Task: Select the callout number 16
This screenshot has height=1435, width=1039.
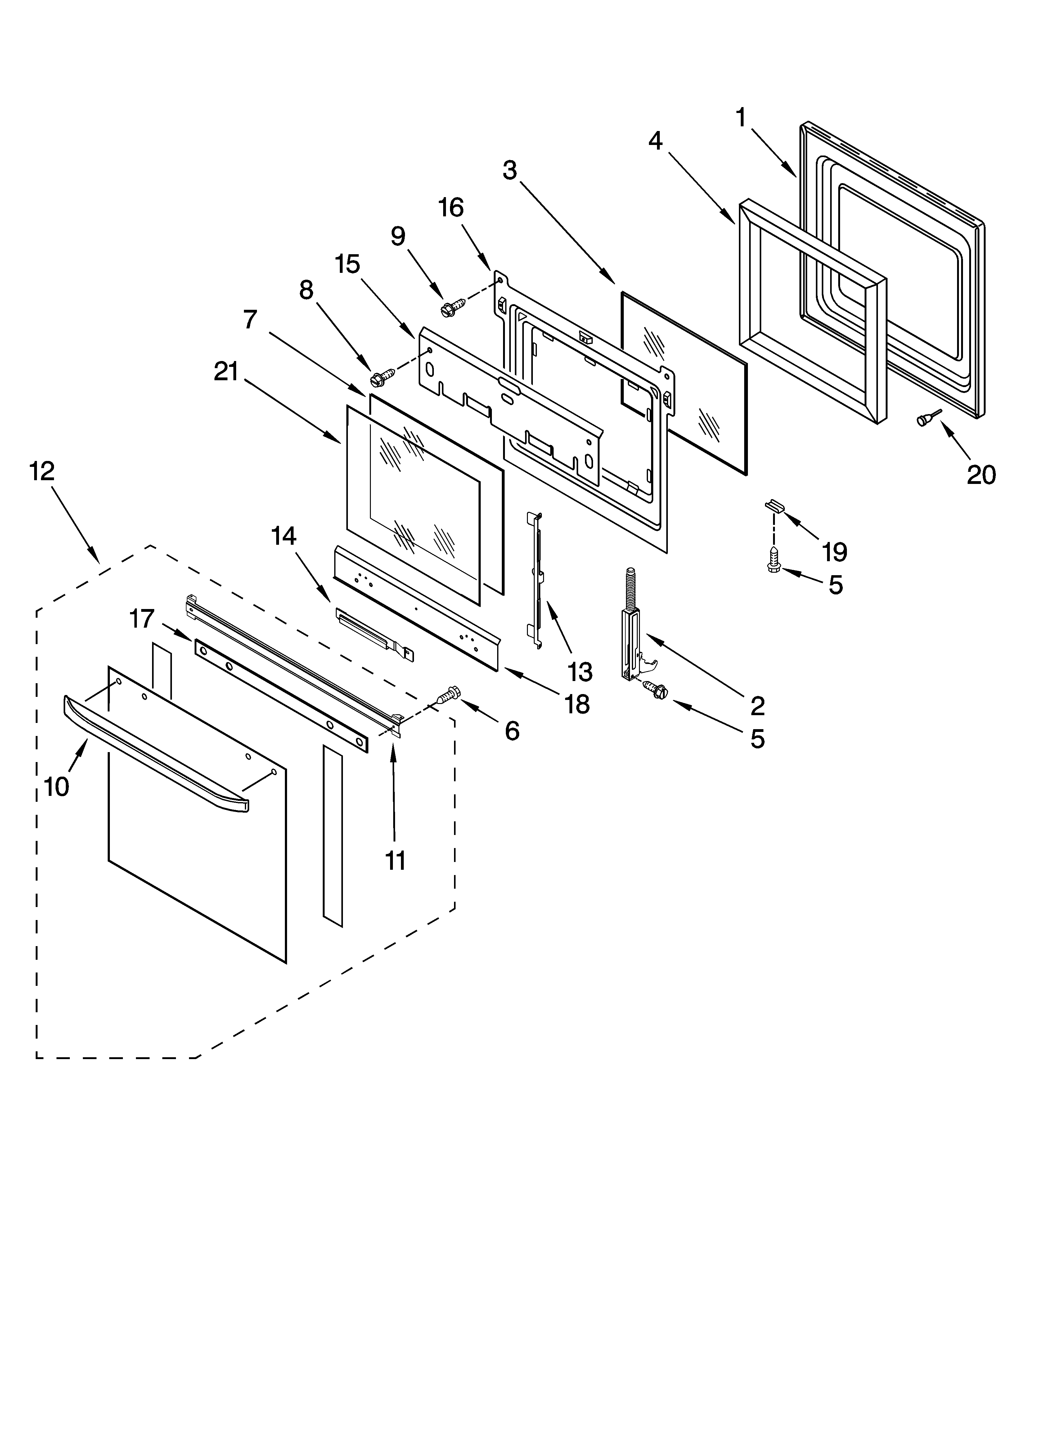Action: coord(451,208)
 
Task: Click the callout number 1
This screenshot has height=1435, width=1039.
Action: coord(741,118)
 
